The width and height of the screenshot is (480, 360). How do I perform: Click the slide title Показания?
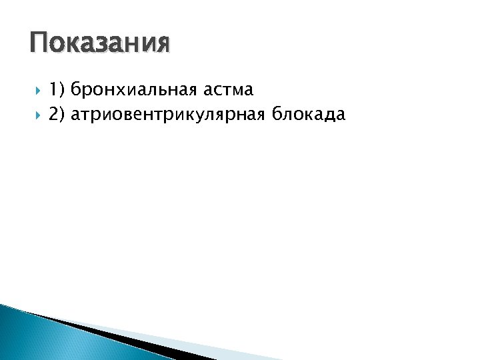pyautogui.click(x=100, y=43)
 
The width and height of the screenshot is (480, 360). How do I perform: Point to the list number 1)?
pyautogui.click(x=57, y=89)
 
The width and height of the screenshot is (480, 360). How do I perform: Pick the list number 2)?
pyautogui.click(x=57, y=115)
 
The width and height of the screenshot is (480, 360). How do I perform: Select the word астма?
pyautogui.click(x=229, y=89)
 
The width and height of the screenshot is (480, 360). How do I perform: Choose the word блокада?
pyautogui.click(x=309, y=115)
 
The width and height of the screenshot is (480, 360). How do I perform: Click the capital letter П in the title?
pyautogui.click(x=39, y=43)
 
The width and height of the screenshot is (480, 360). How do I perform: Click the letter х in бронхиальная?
pyautogui.click(x=119, y=89)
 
